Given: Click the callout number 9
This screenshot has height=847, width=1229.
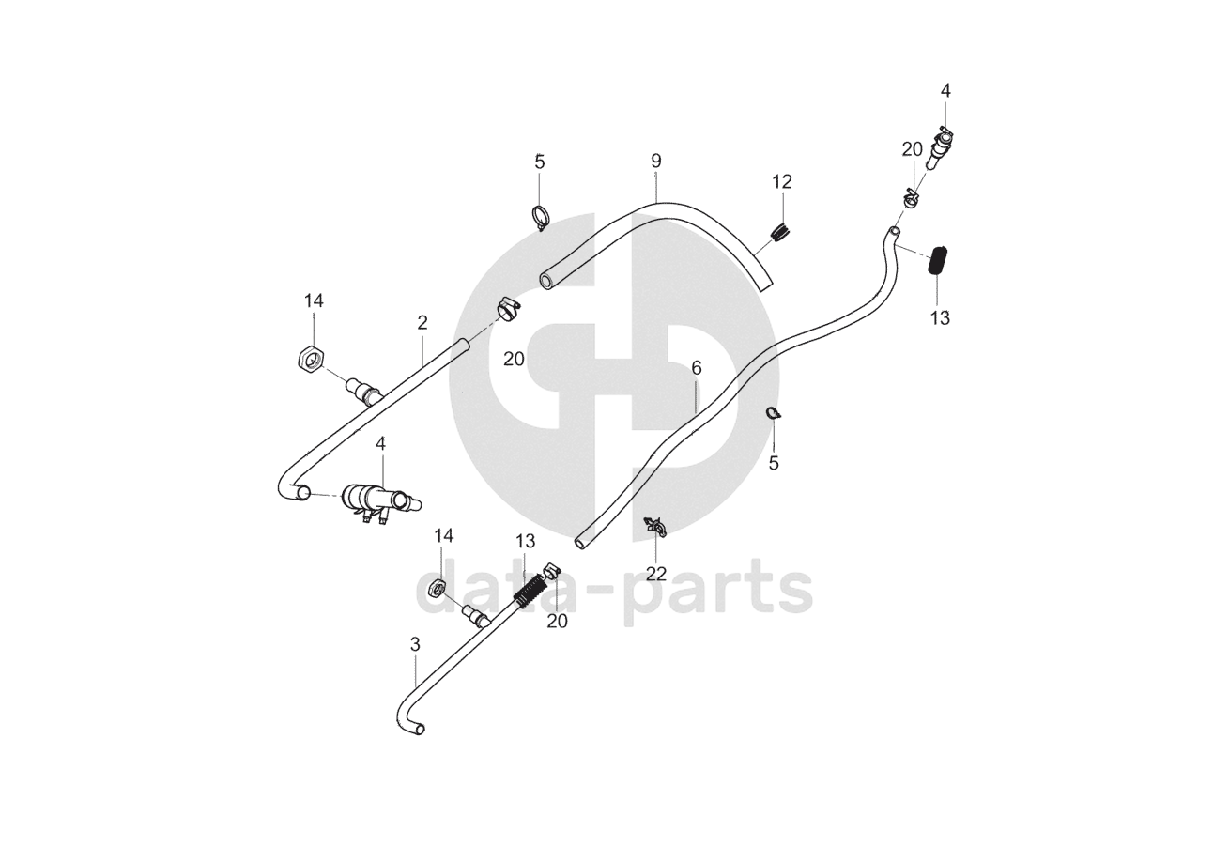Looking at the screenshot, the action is click(655, 161).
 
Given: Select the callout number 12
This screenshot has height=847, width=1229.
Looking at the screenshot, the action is click(782, 182).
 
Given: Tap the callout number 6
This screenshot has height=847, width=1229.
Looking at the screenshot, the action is click(696, 368).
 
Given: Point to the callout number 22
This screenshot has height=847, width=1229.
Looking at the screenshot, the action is click(656, 574).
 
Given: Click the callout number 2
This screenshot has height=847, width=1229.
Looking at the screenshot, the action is click(422, 323).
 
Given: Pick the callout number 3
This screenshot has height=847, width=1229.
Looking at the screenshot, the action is click(415, 644).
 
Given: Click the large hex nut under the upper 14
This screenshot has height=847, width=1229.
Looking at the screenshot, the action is click(311, 357).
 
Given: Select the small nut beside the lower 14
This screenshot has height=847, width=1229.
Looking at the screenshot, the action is click(436, 589).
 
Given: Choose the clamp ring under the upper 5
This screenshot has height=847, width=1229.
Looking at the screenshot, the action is click(540, 217).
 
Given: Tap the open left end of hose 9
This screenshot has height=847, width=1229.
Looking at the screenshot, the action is click(546, 280).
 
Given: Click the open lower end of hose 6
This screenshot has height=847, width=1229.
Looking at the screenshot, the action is click(582, 542).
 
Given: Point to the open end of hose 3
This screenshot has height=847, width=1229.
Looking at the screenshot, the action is click(420, 729).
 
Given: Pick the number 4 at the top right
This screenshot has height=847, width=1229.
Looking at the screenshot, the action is click(945, 91).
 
